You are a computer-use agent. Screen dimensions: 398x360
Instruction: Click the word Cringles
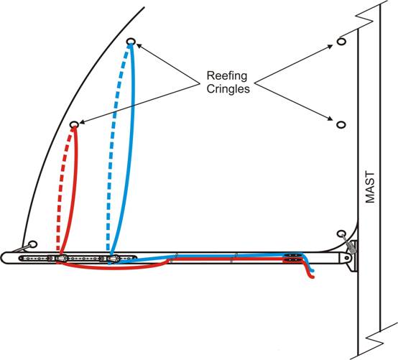pyautogui.click(x=228, y=89)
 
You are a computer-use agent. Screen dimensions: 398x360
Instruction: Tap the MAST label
pyautogui.click(x=370, y=188)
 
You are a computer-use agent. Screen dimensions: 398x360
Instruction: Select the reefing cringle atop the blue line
pyautogui.click(x=131, y=42)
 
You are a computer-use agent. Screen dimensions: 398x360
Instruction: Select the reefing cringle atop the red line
pyautogui.click(x=74, y=124)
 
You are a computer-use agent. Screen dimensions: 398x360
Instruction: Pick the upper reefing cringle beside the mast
pyautogui.click(x=341, y=42)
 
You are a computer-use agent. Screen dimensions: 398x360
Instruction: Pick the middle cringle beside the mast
pyautogui.click(x=341, y=124)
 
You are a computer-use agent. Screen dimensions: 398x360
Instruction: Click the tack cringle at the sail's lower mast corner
pyautogui.click(x=341, y=234)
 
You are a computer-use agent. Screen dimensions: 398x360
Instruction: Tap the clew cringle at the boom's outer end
pyautogui.click(x=33, y=244)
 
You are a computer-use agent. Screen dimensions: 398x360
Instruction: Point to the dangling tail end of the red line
pyautogui.click(x=313, y=277)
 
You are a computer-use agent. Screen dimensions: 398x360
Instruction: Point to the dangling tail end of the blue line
pyautogui.click(x=313, y=271)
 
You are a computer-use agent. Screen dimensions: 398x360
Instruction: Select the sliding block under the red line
pyautogui.click(x=61, y=259)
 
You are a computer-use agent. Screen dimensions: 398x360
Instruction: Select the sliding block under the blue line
pyautogui.click(x=113, y=259)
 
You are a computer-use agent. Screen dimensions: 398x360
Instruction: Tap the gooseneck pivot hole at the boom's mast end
pyautogui.click(x=347, y=258)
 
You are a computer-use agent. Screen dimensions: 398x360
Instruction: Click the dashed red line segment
pyautogui.click(x=62, y=188)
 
